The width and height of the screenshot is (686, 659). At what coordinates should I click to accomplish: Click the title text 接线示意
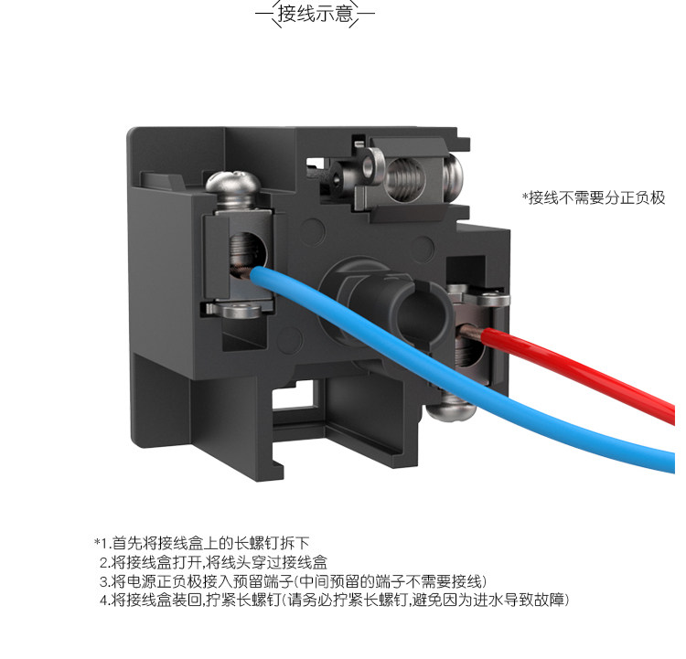tap(314, 16)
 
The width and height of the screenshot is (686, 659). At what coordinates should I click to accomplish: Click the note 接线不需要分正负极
tap(593, 197)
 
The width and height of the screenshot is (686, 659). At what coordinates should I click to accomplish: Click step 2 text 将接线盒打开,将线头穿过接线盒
tap(220, 562)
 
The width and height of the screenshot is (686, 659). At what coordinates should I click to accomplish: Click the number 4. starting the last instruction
tap(104, 601)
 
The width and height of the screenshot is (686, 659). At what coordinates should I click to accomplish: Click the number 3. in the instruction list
tap(104, 581)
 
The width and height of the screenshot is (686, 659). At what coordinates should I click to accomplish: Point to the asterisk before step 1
tap(95, 542)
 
